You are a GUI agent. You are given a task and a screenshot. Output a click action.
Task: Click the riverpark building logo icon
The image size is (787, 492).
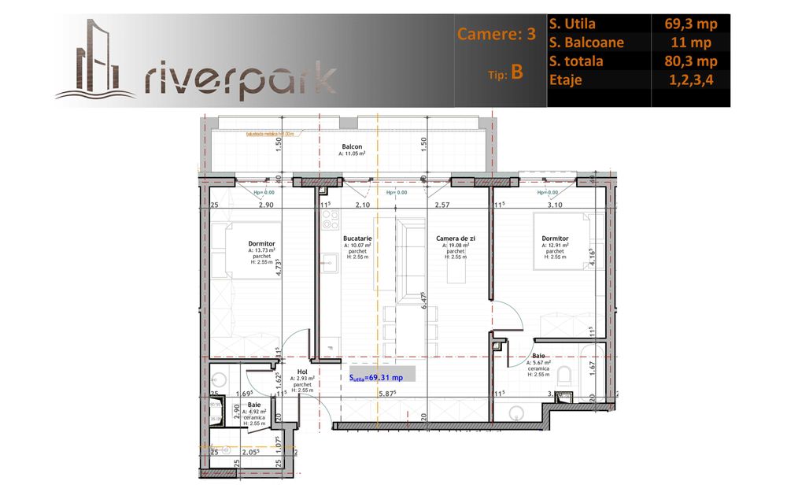tap(95, 59)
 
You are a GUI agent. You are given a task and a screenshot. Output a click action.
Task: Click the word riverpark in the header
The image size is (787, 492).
tap(241, 79)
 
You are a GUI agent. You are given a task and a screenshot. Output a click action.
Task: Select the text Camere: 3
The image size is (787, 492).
tap(497, 34)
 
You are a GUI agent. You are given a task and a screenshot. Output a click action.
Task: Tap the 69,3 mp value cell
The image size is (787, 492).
tap(690, 24)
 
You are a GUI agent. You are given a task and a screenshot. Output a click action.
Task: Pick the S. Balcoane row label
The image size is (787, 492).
tap(587, 43)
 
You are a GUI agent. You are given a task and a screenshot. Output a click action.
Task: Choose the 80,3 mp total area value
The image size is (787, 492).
tap(690, 61)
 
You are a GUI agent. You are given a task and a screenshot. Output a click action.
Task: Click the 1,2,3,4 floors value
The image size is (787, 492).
tap(690, 80)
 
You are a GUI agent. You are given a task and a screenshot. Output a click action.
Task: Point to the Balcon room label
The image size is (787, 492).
tap(352, 147)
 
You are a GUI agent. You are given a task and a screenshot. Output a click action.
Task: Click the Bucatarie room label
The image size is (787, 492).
tap(357, 238)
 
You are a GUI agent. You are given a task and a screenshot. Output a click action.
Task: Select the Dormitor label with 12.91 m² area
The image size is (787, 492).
tap(555, 238)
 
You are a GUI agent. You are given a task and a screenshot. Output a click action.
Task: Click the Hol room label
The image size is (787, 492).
tap(301, 372)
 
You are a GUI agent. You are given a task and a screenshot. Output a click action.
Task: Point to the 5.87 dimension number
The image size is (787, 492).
tap(386, 394)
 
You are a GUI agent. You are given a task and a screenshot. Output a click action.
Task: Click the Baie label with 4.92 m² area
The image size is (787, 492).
tap(254, 405)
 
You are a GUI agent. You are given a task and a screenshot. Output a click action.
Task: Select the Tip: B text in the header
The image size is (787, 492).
tap(505, 72)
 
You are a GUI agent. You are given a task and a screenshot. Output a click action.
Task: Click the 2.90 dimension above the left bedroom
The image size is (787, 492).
tap(264, 205)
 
